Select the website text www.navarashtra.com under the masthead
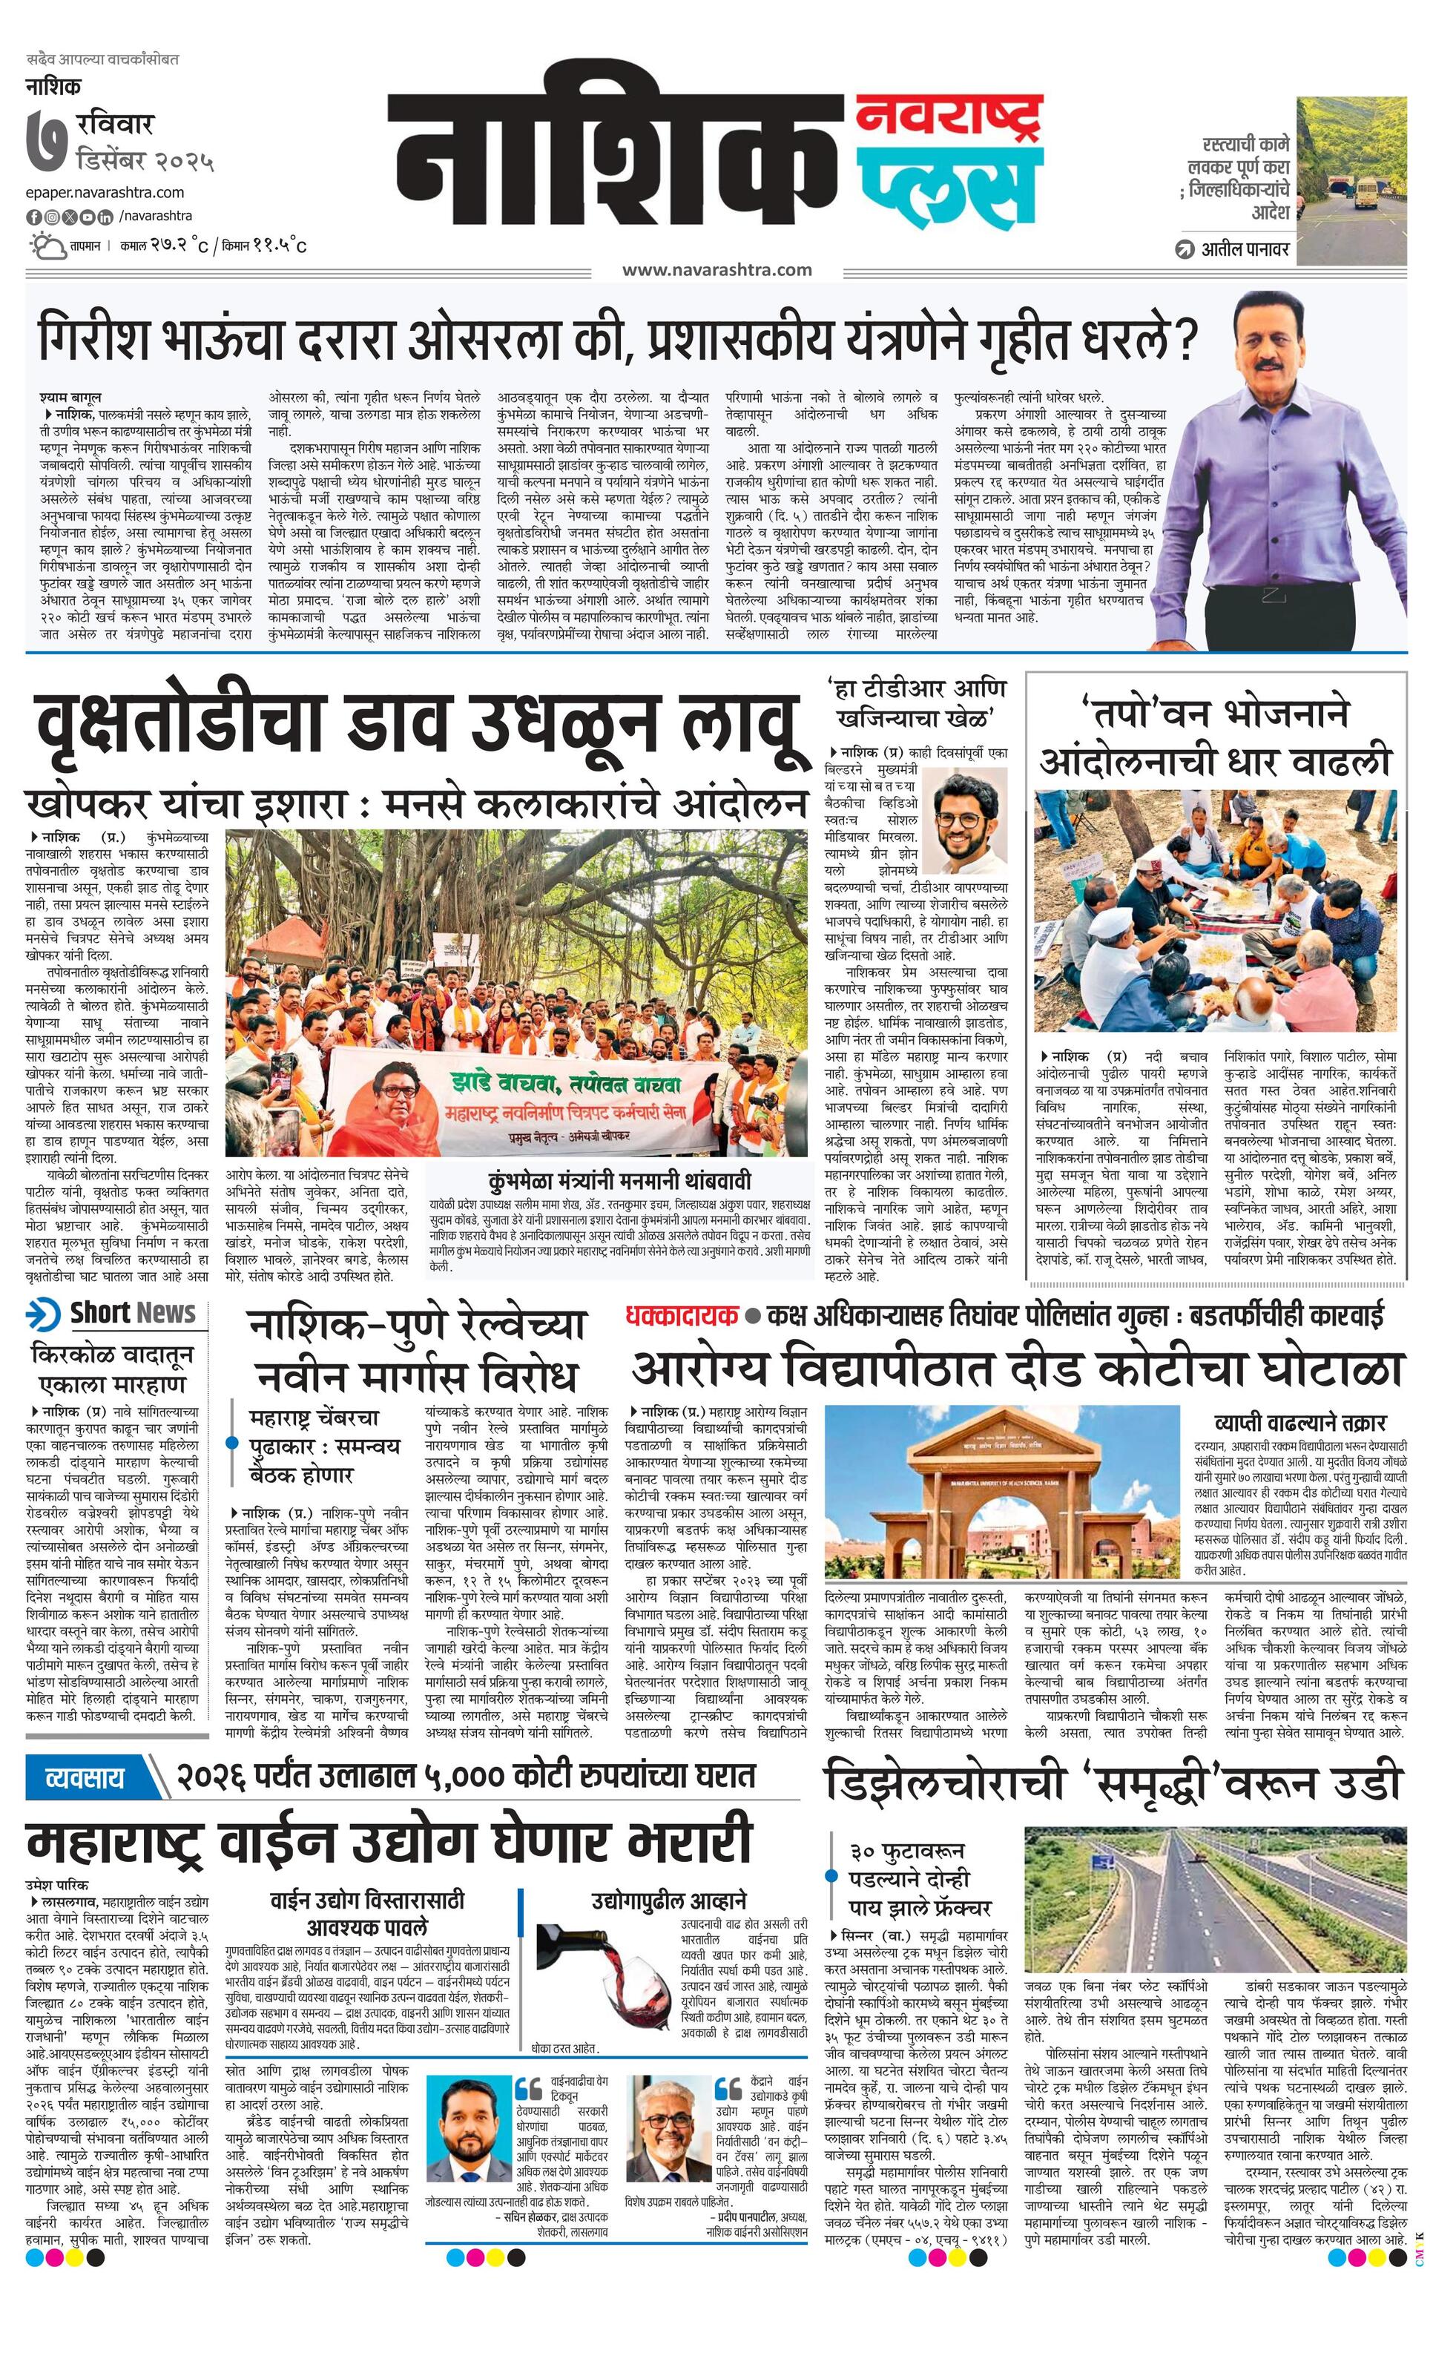click(x=717, y=269)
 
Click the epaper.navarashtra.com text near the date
click(x=105, y=193)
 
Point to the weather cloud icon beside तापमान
click(x=46, y=246)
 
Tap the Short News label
click(x=132, y=1313)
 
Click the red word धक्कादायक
click(x=682, y=1316)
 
